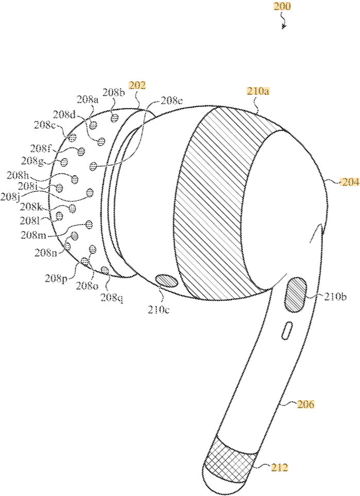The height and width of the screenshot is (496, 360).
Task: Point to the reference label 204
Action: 351,181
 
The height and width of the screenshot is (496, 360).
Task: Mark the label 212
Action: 280,468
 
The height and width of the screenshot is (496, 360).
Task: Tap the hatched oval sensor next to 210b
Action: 295,294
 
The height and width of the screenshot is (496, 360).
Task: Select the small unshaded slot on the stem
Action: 287,331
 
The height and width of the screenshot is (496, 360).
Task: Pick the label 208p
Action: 56,279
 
